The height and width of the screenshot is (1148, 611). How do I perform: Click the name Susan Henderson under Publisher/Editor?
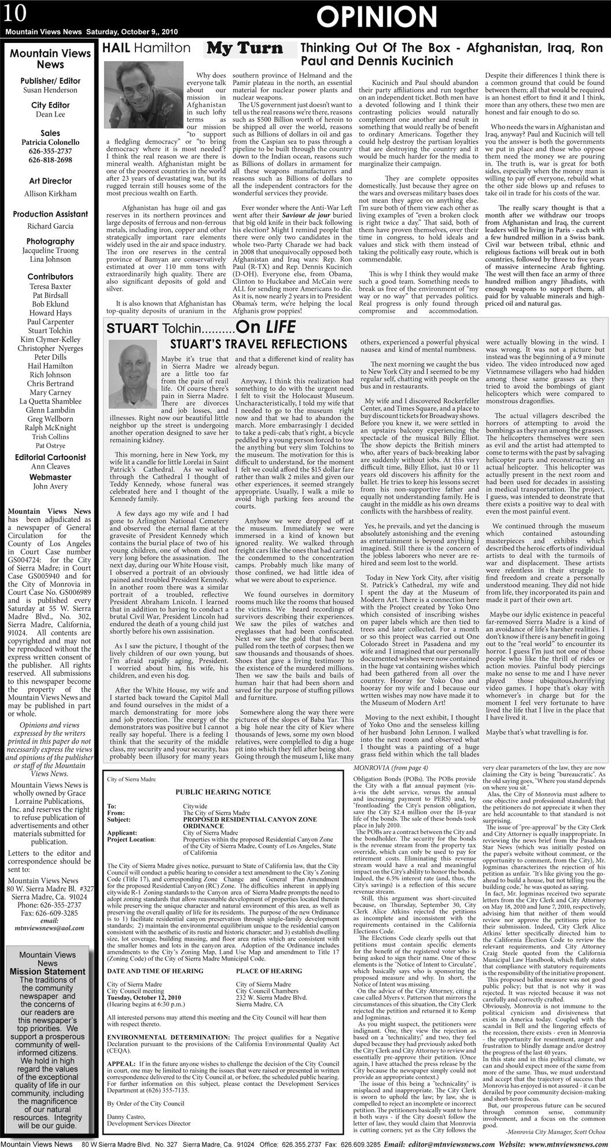coord(50,90)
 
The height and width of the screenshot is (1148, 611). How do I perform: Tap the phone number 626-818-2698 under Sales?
coord(50,160)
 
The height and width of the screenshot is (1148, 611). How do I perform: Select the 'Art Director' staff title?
coord(50,181)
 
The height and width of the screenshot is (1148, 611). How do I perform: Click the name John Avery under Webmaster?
coord(50,487)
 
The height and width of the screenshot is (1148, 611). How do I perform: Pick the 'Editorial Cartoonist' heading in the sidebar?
coord(50,458)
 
